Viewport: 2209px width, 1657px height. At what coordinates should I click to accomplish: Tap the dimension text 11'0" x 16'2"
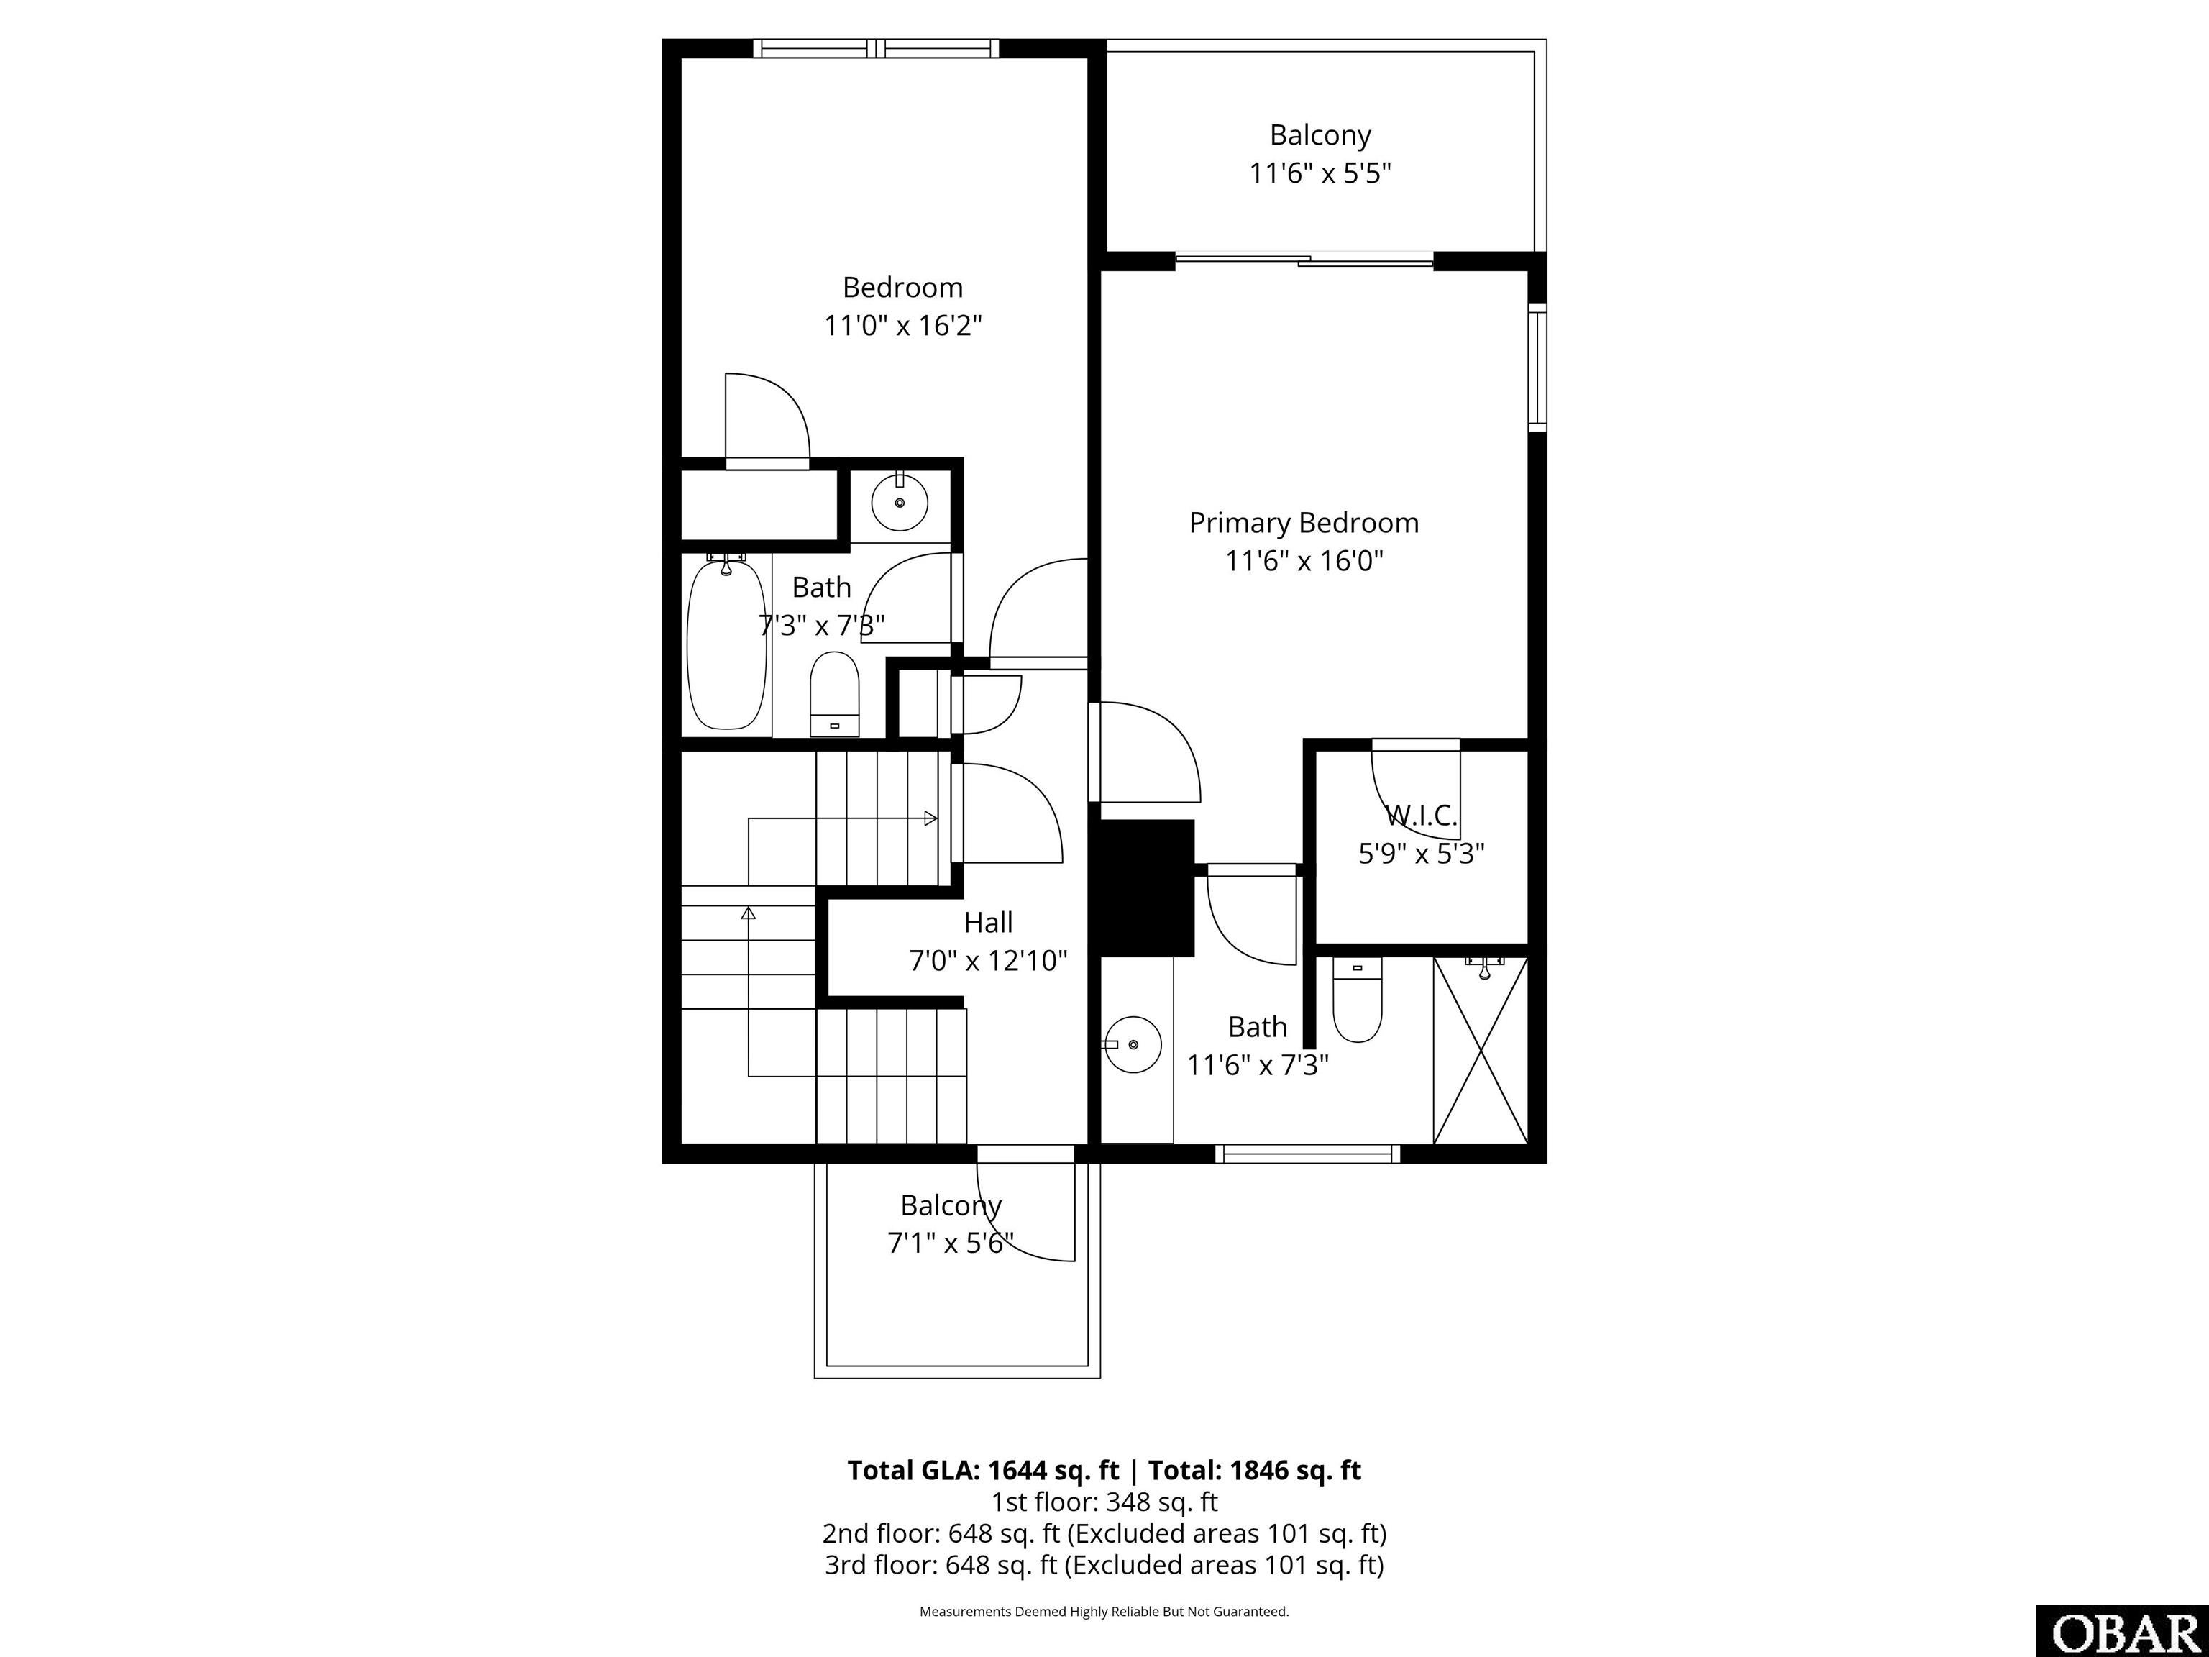coord(902,326)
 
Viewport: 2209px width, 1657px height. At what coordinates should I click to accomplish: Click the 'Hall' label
coord(988,922)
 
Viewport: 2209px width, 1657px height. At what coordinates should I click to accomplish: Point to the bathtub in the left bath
coord(728,644)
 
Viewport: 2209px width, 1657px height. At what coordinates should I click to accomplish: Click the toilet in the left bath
coord(834,693)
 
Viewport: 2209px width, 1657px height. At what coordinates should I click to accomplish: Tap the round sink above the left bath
coord(900,503)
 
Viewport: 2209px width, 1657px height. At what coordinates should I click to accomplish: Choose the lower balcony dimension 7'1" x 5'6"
coord(951,1243)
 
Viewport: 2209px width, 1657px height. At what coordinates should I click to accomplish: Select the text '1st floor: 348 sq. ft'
coord(1104,1501)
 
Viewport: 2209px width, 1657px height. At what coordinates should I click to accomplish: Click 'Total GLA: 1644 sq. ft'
coord(983,1470)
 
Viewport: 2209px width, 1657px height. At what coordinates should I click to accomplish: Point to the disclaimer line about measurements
coord(1104,1611)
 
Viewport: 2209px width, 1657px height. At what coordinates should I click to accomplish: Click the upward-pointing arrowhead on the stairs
coord(748,912)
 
